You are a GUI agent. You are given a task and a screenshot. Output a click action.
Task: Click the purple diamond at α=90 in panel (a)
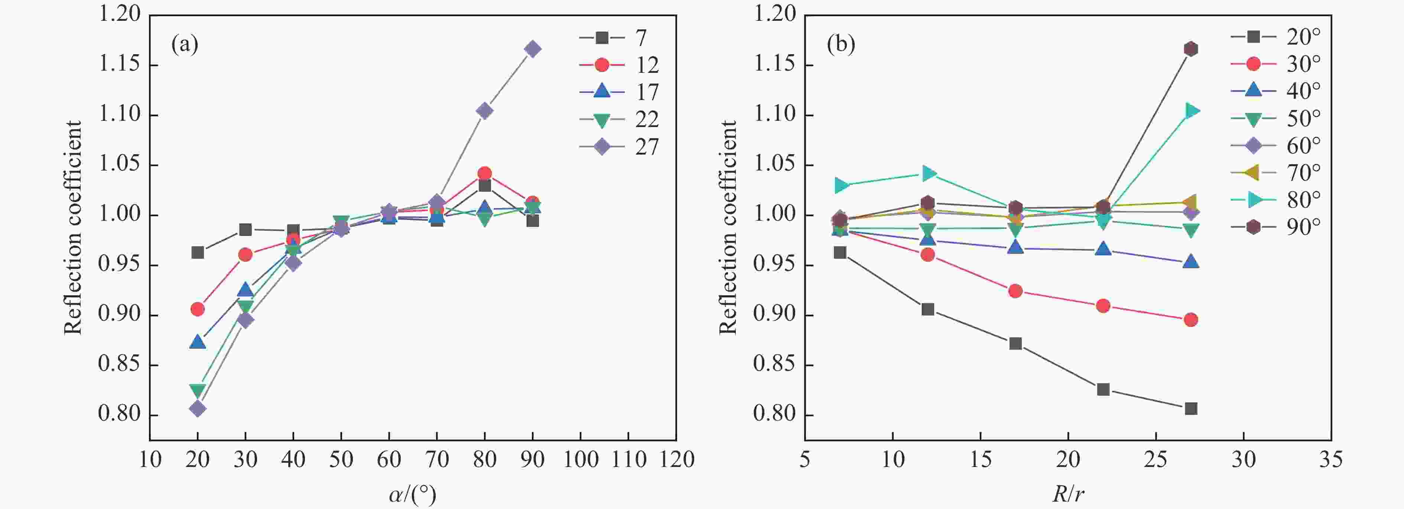[533, 49]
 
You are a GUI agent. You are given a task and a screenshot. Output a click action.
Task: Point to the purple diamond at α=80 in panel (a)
[485, 111]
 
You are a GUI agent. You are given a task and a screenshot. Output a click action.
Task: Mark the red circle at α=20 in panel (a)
[197, 309]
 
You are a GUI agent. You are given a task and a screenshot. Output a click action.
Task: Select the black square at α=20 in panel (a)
[197, 252]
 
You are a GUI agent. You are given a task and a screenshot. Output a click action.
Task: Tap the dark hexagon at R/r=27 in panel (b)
[1191, 49]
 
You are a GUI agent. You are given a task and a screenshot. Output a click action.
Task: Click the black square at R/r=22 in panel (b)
[1103, 389]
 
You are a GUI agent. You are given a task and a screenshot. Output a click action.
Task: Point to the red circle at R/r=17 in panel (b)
[1015, 291]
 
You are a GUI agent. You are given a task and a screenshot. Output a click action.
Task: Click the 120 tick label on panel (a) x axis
[676, 460]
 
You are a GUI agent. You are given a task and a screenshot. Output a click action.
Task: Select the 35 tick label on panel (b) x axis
[1330, 460]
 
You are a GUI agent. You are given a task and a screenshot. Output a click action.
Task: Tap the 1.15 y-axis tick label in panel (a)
[119, 64]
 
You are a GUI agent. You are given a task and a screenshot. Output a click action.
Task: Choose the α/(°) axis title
[413, 494]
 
